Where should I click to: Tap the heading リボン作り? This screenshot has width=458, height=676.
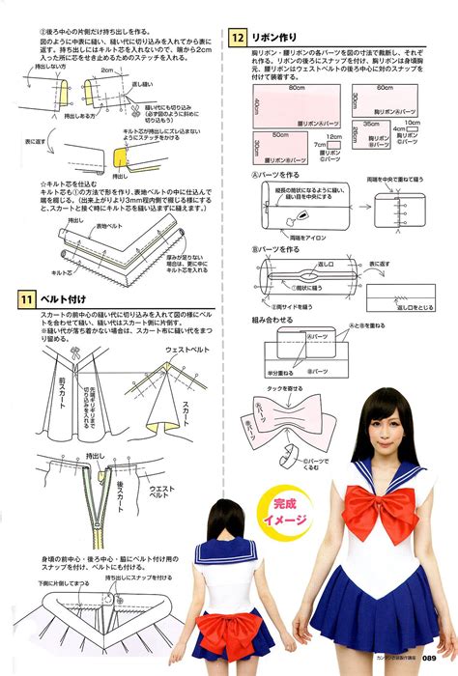pyautogui.click(x=282, y=39)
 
